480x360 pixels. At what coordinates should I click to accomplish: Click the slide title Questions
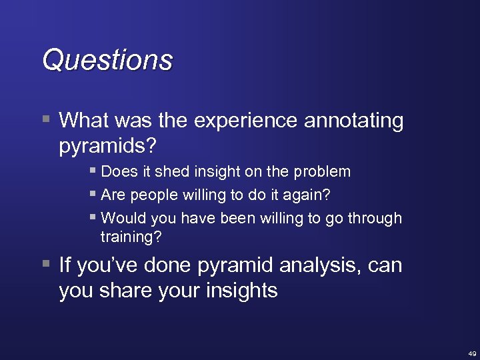pos(107,60)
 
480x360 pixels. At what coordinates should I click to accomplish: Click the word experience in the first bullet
pos(246,121)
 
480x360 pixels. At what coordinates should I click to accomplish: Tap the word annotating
pos(354,121)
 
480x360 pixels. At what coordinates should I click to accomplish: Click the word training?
pos(131,236)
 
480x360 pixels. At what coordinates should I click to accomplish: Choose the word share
pos(124,291)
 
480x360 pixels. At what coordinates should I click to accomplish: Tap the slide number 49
pos(471,353)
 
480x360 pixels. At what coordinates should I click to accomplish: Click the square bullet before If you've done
pos(45,265)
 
